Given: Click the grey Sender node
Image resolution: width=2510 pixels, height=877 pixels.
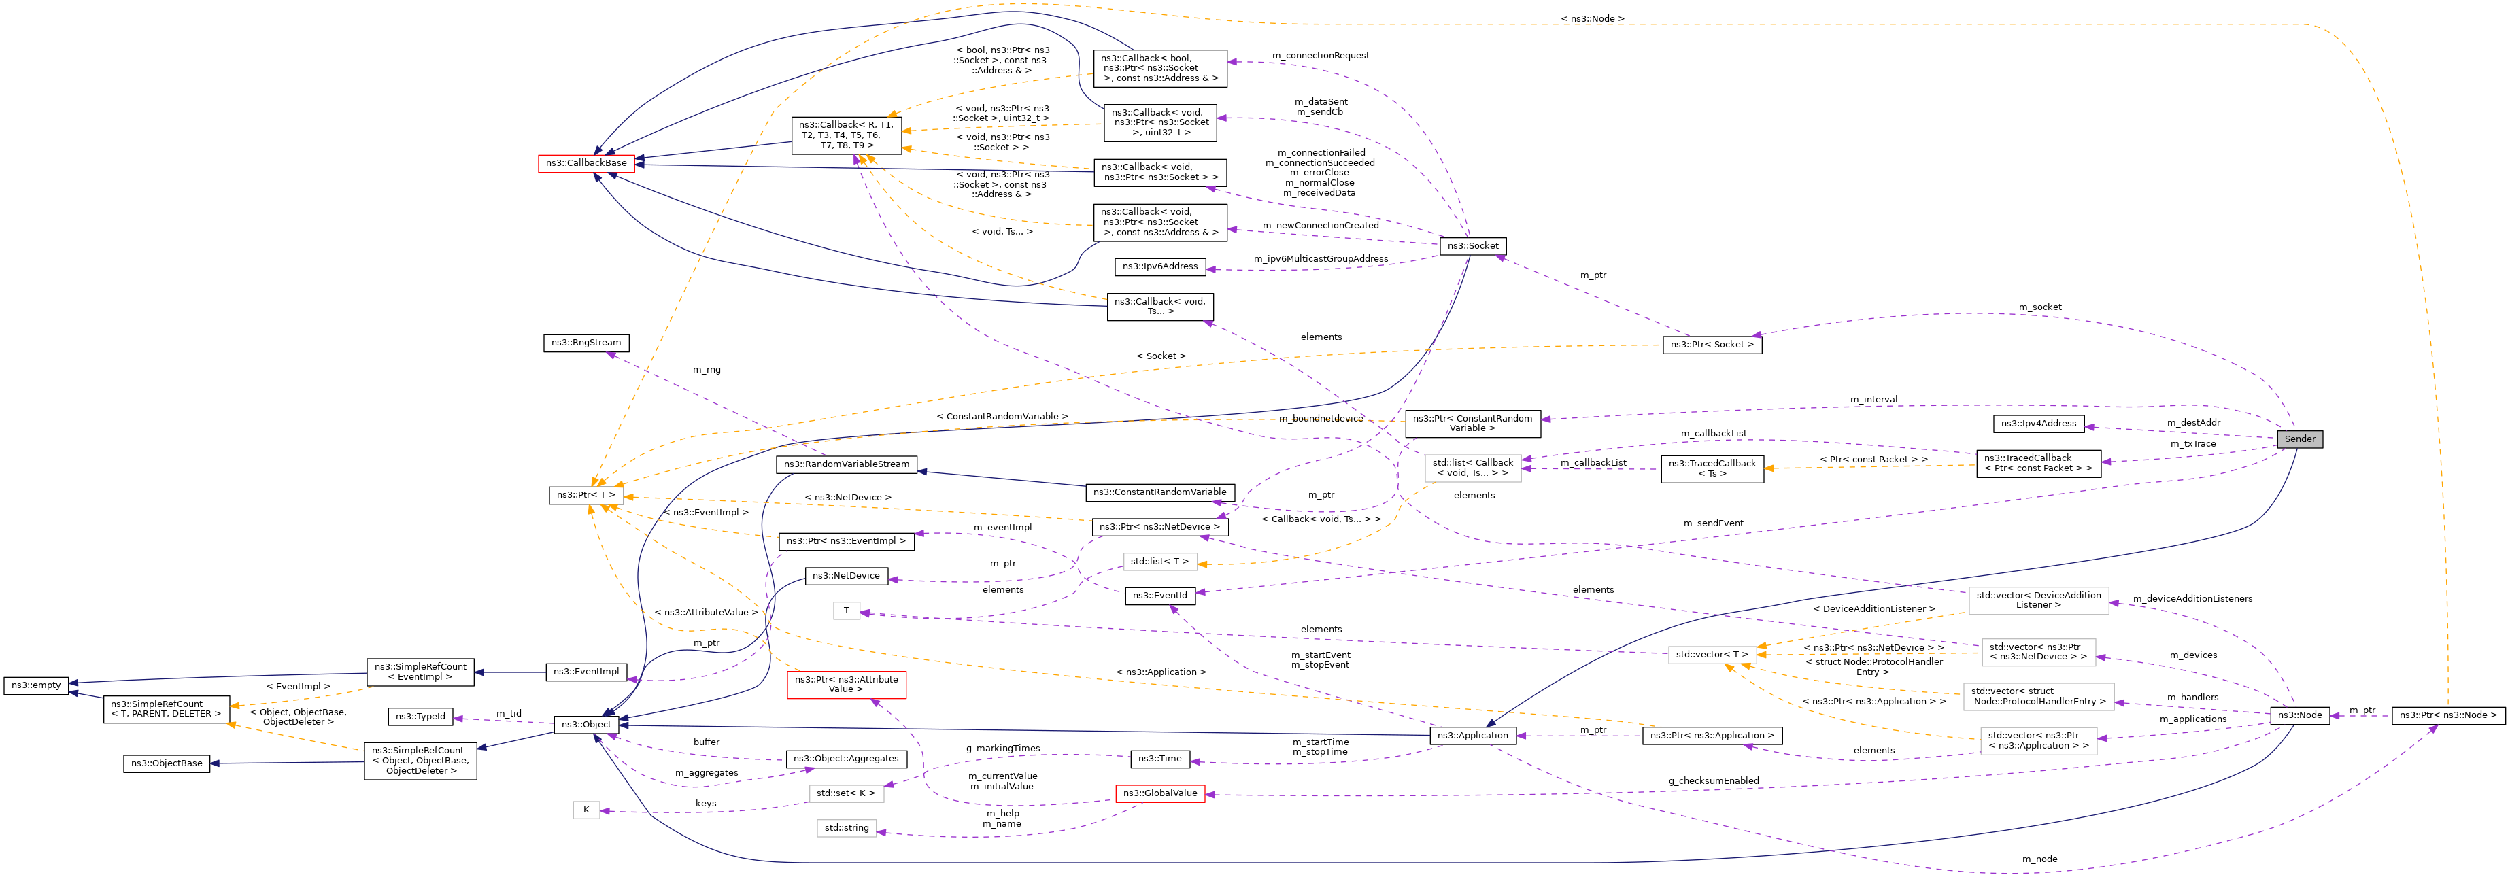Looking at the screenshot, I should (x=2300, y=439).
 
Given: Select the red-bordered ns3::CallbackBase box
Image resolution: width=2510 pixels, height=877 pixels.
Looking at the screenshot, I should (x=586, y=162).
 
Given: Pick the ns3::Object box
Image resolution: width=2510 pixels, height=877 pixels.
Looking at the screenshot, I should (x=586, y=724).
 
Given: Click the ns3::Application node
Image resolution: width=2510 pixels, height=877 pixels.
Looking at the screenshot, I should (x=1472, y=735).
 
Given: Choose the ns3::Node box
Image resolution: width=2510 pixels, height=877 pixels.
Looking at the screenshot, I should (x=2300, y=715).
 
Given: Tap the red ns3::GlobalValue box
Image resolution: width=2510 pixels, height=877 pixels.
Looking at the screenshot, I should (x=1159, y=793).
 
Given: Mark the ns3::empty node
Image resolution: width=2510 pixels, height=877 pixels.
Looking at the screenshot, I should (x=36, y=685).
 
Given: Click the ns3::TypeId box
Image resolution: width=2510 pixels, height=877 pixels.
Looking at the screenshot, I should (x=420, y=717).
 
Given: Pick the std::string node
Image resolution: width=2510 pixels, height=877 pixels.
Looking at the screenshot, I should (x=846, y=827).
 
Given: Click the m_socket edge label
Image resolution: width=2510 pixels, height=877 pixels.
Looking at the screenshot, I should (x=2039, y=307).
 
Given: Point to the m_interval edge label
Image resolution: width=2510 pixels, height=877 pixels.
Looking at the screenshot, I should (x=1873, y=400).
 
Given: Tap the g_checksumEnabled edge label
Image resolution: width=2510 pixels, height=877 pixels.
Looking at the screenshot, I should (x=1713, y=780).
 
